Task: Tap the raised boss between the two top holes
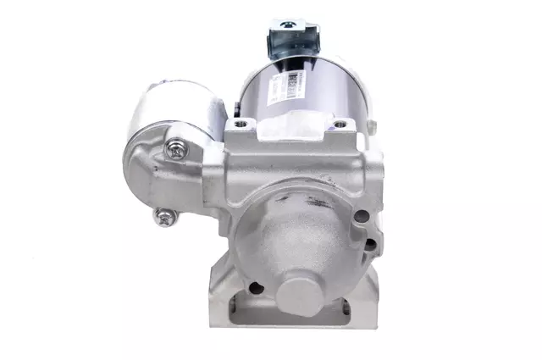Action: pos(290,130)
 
